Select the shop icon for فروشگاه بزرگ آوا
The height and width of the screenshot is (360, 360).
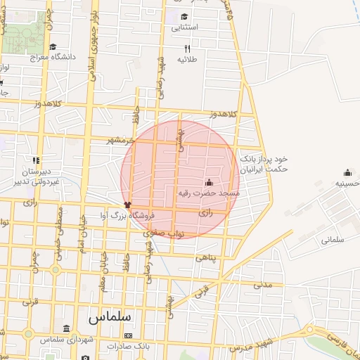[127, 205]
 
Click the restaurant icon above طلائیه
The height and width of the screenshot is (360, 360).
[187, 49]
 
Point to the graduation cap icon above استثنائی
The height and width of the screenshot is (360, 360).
[184, 17]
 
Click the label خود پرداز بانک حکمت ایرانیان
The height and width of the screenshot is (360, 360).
[264, 165]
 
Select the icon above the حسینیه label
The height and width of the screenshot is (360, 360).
[347, 173]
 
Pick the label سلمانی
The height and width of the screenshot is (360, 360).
[334, 239]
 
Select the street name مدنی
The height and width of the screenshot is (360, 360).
[262, 285]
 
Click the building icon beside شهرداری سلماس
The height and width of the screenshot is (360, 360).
[66, 329]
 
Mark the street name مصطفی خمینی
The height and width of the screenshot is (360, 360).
[60, 221]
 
